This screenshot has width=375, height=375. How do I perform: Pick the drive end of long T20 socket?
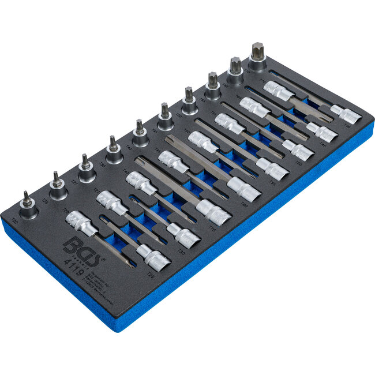point(80,222)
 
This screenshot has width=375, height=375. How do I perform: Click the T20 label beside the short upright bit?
point(14,222)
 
